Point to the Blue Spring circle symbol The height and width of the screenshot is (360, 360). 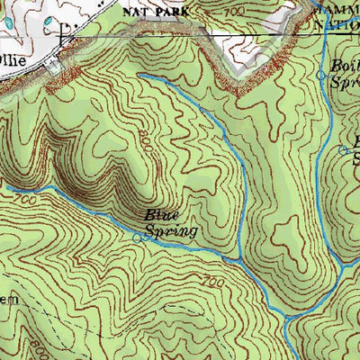pyautogui.click(x=138, y=238)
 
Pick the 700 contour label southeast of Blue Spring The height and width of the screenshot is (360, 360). pyautogui.click(x=212, y=283)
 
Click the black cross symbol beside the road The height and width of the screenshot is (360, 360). pyautogui.click(x=62, y=37)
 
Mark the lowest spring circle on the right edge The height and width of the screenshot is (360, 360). pyautogui.click(x=343, y=150)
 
